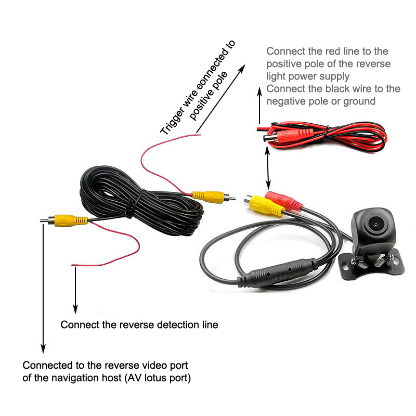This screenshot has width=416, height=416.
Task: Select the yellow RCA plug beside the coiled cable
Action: (207, 196)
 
